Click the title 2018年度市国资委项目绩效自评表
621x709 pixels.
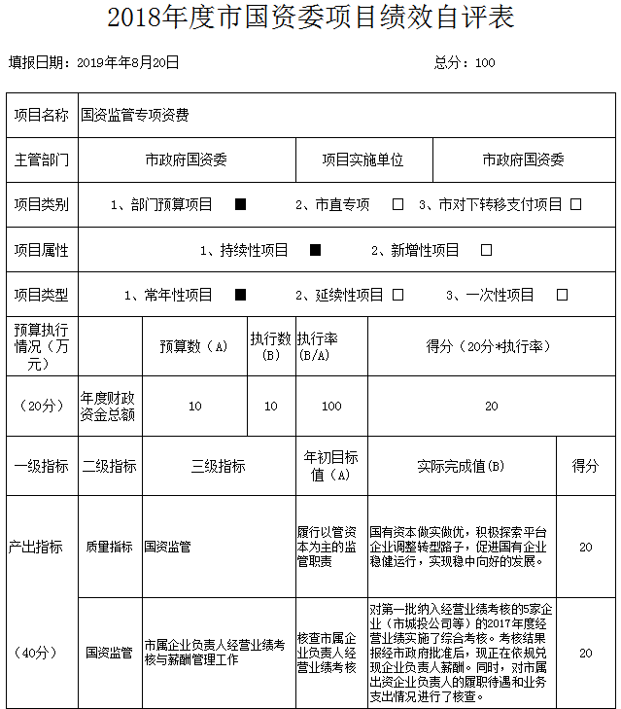pos(310,18)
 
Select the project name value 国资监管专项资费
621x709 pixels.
pos(135,115)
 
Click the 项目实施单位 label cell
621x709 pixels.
pos(362,160)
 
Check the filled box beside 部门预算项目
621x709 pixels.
pos(241,204)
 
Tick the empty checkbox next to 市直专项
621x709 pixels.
pos(397,204)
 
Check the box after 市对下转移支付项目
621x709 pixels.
pos(575,204)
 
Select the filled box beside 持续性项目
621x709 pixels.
pos(315,250)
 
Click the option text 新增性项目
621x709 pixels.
pos(415,250)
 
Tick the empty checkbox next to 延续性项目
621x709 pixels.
pos(397,295)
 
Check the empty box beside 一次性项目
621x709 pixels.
pos(562,295)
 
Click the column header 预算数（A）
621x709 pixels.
pos(194,346)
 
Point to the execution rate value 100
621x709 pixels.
pos(331,407)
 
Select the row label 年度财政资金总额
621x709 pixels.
pos(108,407)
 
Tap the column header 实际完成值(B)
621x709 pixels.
pos(461,467)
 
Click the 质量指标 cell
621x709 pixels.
pos(109,547)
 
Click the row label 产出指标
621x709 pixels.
pos(42,547)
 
